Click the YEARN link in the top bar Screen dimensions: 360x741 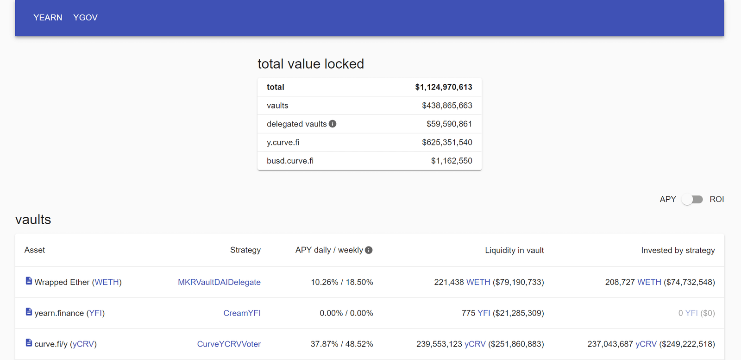click(x=48, y=18)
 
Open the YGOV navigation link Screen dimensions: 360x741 click(x=85, y=18)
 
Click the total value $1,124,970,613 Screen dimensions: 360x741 click(x=443, y=87)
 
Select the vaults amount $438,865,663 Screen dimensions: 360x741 click(x=447, y=106)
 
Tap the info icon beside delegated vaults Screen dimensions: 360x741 click(x=333, y=124)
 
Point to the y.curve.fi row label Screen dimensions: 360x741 click(x=283, y=142)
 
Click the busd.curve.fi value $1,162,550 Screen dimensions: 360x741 click(x=452, y=161)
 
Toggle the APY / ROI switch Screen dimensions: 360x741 click(x=692, y=199)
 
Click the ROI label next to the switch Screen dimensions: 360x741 click(x=716, y=199)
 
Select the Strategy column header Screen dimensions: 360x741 click(x=245, y=250)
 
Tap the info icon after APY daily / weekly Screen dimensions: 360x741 click(x=369, y=250)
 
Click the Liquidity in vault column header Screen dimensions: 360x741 click(x=514, y=250)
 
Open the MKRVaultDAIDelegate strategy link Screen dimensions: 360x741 click(x=219, y=282)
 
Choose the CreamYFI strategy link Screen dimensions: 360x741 click(x=242, y=313)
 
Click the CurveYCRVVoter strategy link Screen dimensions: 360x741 click(x=229, y=344)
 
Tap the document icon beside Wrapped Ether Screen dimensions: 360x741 click(x=29, y=281)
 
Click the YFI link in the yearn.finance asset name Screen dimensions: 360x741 click(x=95, y=313)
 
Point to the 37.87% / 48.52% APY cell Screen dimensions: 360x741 click(x=342, y=344)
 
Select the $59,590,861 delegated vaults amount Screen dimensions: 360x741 click(x=449, y=124)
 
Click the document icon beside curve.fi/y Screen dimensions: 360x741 click(x=29, y=343)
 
